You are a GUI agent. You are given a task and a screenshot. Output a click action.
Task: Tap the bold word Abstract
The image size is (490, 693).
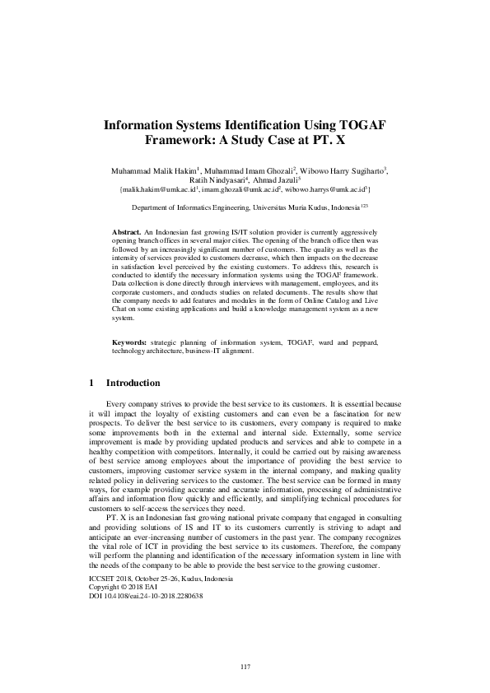[x=127, y=233]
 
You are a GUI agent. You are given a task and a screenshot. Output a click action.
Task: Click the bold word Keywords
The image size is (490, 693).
[x=129, y=341]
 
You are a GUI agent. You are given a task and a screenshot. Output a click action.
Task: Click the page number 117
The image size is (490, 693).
[x=245, y=666]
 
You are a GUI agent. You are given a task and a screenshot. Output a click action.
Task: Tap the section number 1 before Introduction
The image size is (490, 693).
[x=91, y=383]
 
